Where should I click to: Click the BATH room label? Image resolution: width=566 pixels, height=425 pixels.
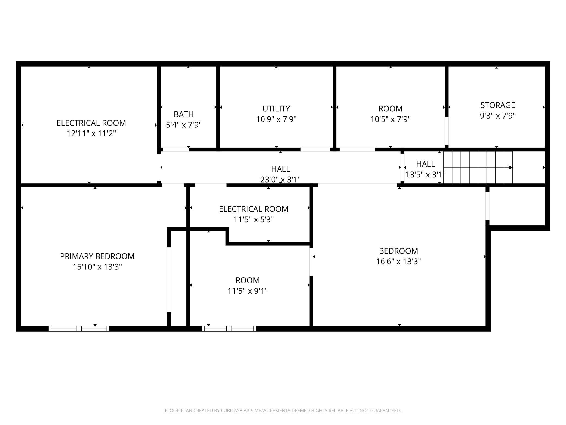tap(184, 114)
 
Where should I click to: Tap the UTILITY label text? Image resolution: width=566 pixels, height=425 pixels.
tap(276, 109)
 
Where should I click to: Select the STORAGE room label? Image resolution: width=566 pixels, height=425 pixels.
tap(498, 105)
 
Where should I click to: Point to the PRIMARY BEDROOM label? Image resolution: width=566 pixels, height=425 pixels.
tap(97, 256)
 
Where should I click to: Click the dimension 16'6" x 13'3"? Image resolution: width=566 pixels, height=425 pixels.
tap(398, 262)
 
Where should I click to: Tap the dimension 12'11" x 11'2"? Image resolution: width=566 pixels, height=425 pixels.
tap(91, 134)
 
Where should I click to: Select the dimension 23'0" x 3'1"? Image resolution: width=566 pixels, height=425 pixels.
tap(281, 180)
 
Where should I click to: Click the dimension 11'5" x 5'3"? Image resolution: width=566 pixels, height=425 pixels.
tap(254, 220)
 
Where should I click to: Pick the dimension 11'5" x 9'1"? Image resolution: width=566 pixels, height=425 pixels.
tap(248, 291)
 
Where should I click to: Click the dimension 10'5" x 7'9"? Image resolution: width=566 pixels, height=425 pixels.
tap(390, 119)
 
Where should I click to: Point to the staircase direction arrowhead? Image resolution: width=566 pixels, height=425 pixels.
tap(511, 168)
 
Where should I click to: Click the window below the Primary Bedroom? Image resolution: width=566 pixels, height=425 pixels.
tap(79, 329)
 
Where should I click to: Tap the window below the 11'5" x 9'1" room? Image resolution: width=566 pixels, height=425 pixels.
tap(229, 329)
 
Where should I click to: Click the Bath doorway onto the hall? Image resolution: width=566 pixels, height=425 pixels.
tap(176, 150)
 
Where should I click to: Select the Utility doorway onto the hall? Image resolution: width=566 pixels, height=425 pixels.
tap(315, 150)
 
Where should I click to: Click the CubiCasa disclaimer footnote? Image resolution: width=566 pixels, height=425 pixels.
tap(283, 411)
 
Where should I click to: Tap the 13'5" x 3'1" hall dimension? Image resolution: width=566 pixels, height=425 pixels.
tap(426, 175)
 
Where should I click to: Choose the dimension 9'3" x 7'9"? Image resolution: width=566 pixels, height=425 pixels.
tap(498, 116)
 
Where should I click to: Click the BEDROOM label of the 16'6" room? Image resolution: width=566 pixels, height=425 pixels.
tap(398, 251)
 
